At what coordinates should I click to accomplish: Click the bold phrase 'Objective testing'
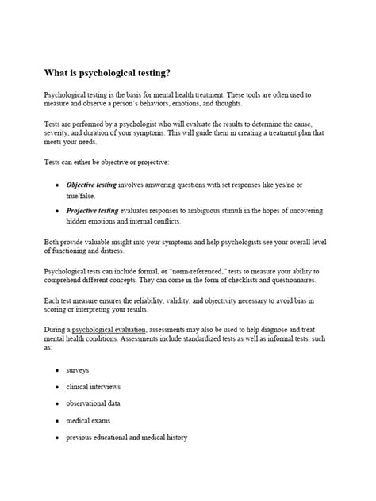[91, 185]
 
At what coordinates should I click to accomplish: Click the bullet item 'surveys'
[77, 370]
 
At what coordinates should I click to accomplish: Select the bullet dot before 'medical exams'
[56, 421]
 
